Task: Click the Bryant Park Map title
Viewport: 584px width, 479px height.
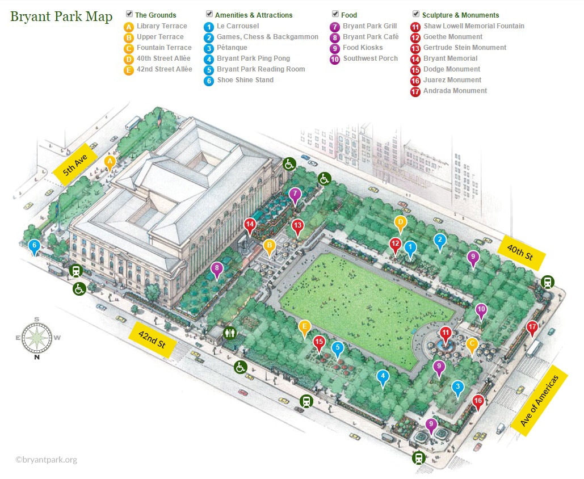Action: [x=61, y=16]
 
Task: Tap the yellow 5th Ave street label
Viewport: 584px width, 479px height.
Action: [x=77, y=165]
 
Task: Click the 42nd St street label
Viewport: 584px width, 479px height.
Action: [x=152, y=339]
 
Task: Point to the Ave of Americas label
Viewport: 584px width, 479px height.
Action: [x=543, y=401]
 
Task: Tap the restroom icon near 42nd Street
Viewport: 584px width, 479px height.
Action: [x=230, y=333]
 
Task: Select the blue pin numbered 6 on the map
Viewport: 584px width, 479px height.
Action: [x=35, y=246]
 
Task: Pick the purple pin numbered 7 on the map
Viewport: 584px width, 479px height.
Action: [x=295, y=195]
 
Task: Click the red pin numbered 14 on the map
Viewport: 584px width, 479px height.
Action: [x=250, y=225]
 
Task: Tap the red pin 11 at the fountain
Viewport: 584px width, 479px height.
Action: [x=446, y=334]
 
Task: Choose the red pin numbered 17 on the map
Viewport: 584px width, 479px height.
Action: [x=532, y=327]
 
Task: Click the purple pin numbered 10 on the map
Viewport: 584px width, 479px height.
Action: [x=481, y=310]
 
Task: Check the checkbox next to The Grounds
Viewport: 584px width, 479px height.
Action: [x=129, y=14]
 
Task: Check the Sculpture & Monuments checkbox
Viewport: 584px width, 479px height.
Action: [x=417, y=14]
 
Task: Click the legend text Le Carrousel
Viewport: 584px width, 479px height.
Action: [x=238, y=26]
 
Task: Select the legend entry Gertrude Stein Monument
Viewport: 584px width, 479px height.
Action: [x=464, y=48]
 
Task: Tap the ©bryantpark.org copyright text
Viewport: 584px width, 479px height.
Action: [x=46, y=460]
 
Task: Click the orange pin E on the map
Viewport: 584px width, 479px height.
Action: [x=305, y=326]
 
